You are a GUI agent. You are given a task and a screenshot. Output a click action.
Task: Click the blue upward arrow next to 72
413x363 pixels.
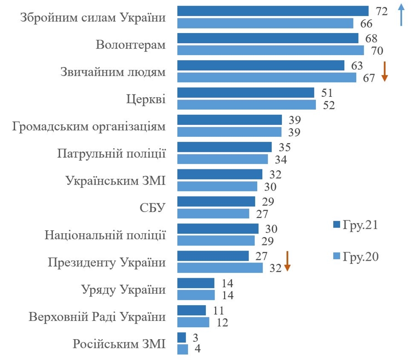(401, 15)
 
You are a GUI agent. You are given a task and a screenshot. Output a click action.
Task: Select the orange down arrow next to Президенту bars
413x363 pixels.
(287, 261)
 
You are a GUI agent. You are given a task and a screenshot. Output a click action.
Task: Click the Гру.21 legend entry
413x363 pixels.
(355, 225)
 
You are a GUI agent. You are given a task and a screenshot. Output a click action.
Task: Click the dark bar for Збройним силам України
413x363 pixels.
(273, 11)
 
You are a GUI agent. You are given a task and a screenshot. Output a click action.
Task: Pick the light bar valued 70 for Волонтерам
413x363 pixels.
(270, 50)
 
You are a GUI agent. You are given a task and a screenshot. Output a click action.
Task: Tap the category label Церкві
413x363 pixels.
(146, 99)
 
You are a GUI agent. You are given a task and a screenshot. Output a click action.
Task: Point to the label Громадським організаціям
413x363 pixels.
(88, 126)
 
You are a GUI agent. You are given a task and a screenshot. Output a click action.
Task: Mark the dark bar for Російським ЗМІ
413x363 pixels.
(182, 338)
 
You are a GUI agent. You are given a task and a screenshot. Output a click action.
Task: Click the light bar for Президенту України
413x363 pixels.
(220, 268)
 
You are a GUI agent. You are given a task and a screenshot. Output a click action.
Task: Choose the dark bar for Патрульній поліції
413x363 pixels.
(224, 147)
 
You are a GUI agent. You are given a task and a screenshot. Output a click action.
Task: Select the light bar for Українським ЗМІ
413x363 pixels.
(217, 186)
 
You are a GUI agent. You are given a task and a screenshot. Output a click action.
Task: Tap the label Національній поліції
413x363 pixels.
(105, 235)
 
